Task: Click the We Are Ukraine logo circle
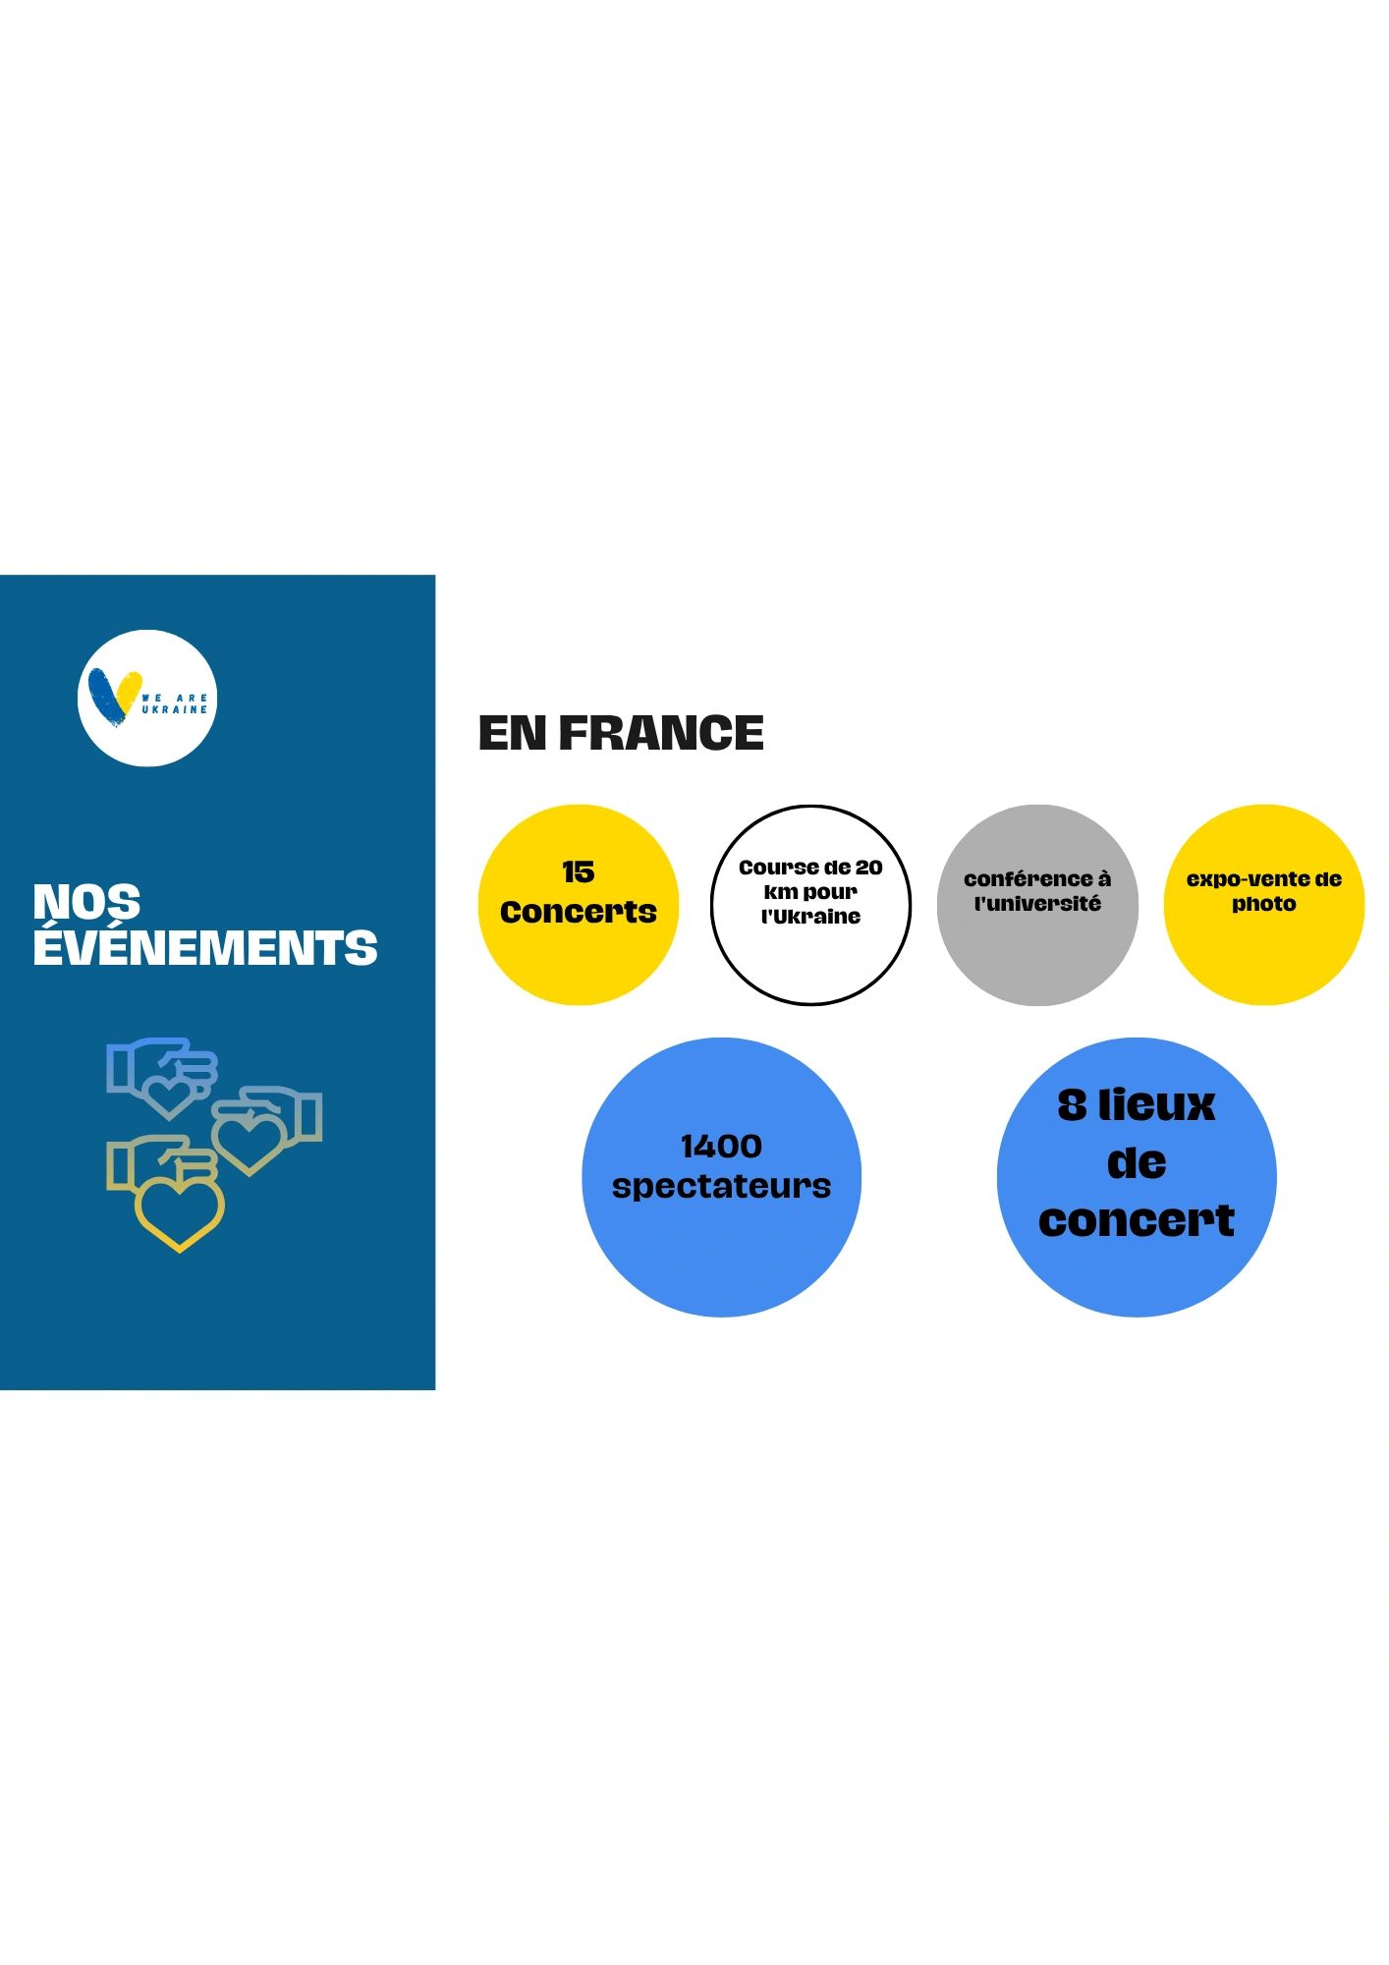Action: [147, 698]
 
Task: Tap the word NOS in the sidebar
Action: [86, 901]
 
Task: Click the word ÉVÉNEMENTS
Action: [205, 947]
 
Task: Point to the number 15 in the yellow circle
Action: [578, 871]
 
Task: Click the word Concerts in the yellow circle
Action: [578, 912]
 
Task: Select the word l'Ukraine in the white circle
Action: [810, 917]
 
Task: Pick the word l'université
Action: [1037, 904]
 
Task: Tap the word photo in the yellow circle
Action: [1264, 904]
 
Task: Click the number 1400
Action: [721, 1146]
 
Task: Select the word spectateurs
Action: [721, 1186]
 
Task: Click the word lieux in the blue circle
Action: [1156, 1105]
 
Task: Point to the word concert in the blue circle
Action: [1137, 1220]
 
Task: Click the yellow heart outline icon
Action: [180, 1214]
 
